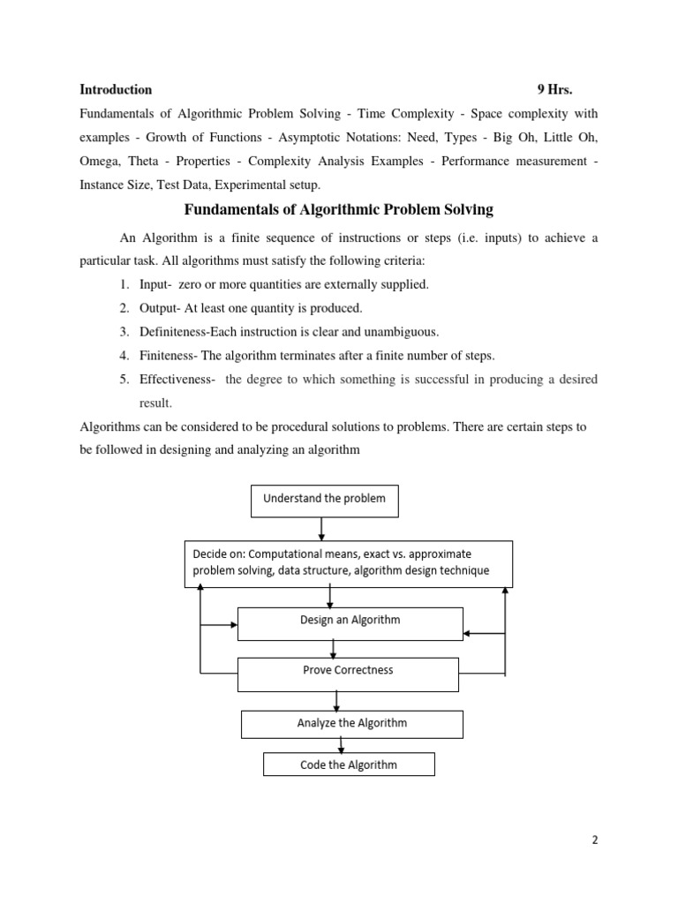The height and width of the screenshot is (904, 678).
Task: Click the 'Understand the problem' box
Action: point(324,499)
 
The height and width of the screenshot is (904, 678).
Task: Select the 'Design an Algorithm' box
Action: point(350,621)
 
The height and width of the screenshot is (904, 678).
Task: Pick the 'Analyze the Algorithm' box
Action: point(351,724)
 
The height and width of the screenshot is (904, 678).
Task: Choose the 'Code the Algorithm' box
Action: point(349,765)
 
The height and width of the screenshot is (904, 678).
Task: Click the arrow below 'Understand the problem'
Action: point(322,528)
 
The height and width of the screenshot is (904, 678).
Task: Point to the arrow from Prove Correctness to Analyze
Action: point(336,701)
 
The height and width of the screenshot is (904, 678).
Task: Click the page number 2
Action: point(595,840)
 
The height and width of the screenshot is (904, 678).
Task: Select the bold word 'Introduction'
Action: point(116,89)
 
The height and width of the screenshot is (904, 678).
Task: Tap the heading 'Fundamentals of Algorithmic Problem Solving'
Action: point(338,210)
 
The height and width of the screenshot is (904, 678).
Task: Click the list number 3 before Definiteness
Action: point(124,332)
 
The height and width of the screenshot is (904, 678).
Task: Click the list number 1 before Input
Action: point(124,284)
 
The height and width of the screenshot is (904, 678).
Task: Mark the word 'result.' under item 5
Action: point(155,403)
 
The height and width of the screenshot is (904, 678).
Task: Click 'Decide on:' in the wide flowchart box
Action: point(219,554)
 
